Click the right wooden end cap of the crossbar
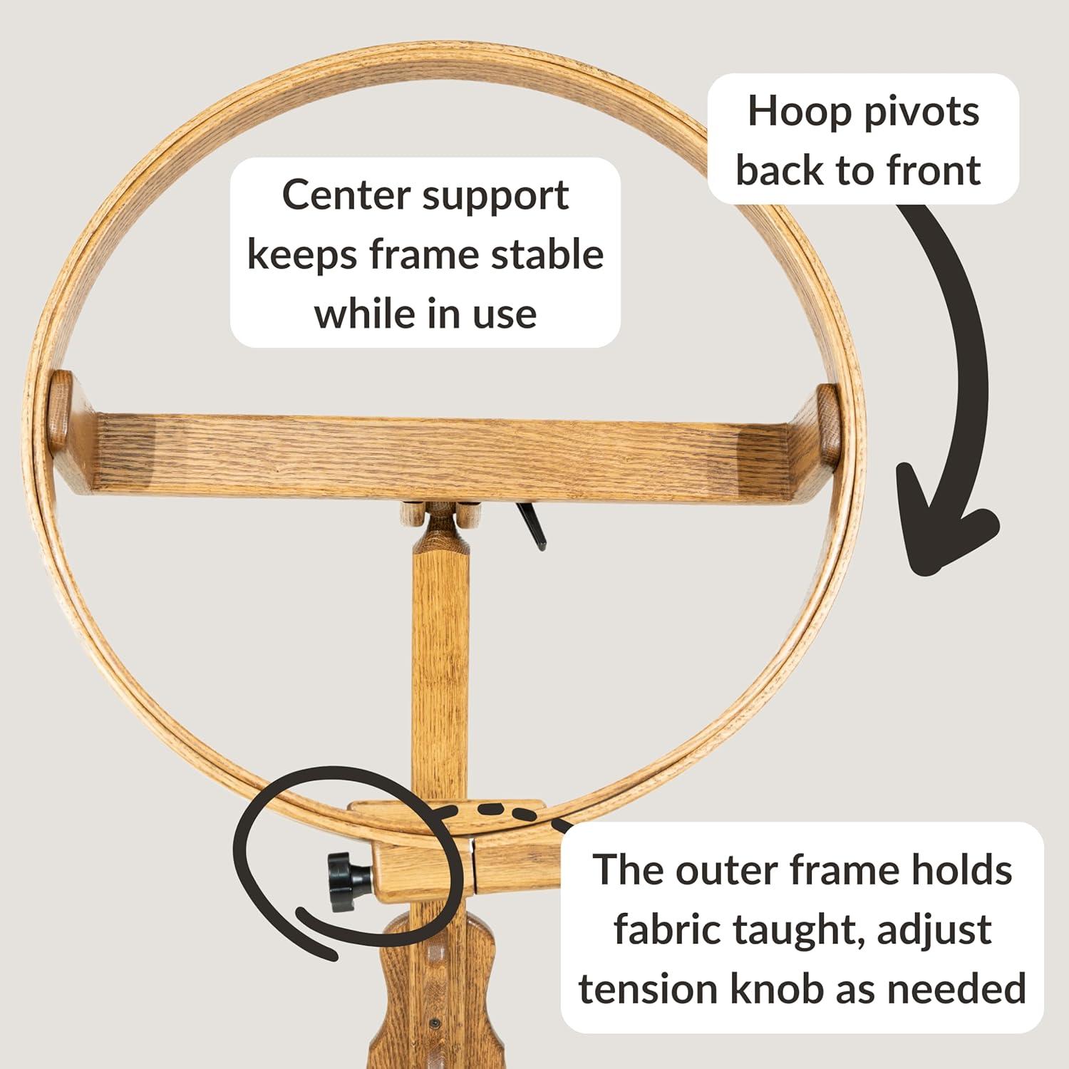828,423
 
